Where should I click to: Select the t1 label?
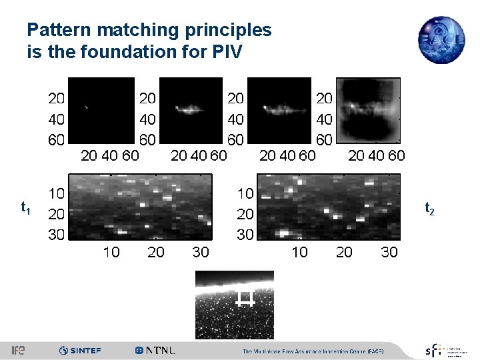pyautogui.click(x=25, y=209)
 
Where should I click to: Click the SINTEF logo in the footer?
pyautogui.click(x=80, y=350)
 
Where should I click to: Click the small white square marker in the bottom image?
pyautogui.click(x=245, y=298)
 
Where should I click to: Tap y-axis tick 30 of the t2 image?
pyautogui.click(x=245, y=235)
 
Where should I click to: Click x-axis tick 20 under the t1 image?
pyautogui.click(x=156, y=252)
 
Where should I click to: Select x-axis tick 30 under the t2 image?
pyautogui.click(x=389, y=252)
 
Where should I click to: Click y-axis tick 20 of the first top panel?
pyautogui.click(x=56, y=99)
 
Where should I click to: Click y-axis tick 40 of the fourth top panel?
pyautogui.click(x=323, y=120)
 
